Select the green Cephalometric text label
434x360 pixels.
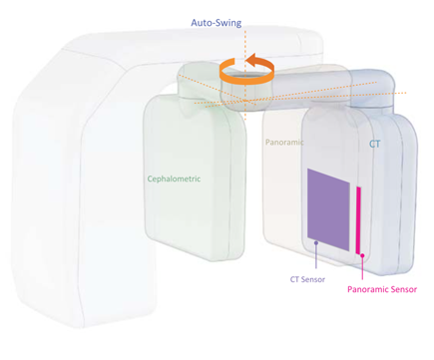[x=174, y=179]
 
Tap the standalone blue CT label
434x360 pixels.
[x=375, y=144]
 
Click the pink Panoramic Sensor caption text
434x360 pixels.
[x=381, y=290]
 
